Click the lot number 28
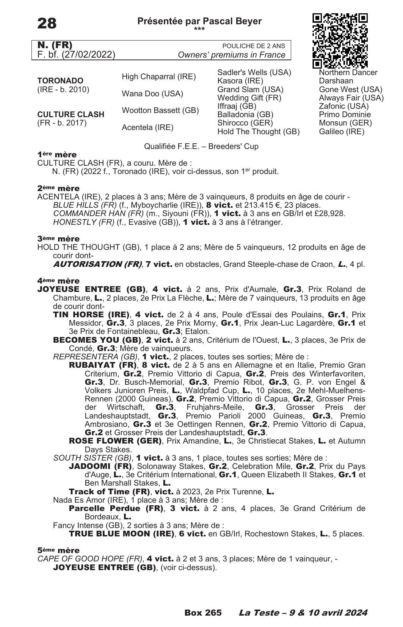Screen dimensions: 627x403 47,24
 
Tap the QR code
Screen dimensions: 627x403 340,41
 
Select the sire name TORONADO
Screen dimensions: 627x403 60,81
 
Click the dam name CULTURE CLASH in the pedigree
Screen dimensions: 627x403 71,114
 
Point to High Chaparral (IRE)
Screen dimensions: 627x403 158,77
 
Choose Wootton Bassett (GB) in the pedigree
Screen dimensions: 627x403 160,111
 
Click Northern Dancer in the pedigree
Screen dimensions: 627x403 348,72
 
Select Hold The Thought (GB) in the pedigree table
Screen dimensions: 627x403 258,132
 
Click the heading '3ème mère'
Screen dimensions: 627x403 58,239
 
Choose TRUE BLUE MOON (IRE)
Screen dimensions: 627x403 121,534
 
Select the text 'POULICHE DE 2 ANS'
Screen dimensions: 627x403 253,46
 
